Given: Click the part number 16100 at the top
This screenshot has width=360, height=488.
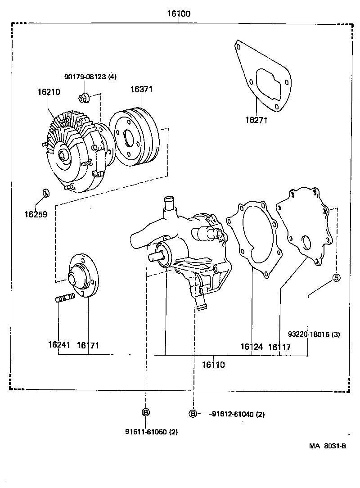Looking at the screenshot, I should point(179,14).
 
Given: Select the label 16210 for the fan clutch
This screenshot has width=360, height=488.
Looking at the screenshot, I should point(49,92).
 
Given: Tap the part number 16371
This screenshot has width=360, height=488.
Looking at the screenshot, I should point(142,89).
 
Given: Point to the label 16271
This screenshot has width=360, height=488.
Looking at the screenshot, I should point(256,120).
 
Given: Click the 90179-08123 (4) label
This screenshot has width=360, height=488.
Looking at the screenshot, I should point(90,77).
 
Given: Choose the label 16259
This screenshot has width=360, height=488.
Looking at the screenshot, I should point(36,214).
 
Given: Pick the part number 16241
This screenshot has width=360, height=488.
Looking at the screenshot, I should point(59,345).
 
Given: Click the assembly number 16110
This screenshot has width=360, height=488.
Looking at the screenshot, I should point(213,365).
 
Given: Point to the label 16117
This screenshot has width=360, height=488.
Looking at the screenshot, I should point(279,347).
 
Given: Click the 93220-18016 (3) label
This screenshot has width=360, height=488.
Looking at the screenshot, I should point(314,334).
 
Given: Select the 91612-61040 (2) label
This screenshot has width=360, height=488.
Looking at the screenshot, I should point(238,414).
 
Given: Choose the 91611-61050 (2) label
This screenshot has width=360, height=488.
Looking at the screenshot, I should point(152,432).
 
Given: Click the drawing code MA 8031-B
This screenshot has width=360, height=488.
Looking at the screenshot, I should point(327,446).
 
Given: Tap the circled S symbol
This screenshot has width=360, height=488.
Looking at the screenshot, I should point(337,278).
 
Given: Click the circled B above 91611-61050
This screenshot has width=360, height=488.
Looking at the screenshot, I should point(146,412).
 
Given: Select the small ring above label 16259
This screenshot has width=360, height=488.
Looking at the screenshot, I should point(45,193).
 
